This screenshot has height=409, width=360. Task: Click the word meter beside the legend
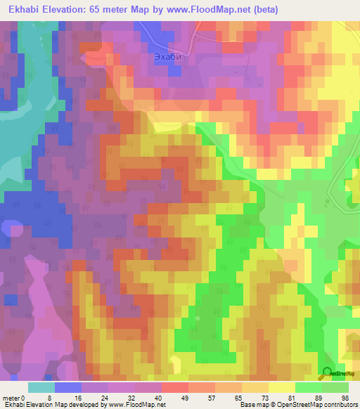tap(11, 398)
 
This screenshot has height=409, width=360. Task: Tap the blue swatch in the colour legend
tap(68, 387)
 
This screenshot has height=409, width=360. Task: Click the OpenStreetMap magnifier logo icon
tap(327, 374)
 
